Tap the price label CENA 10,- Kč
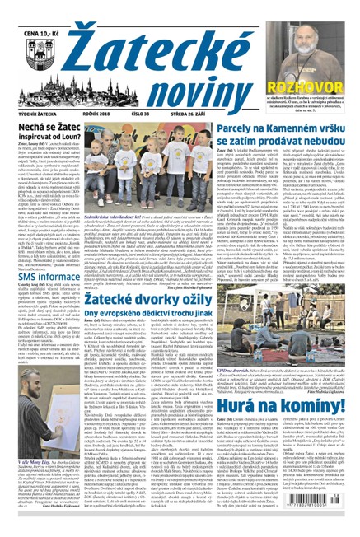point(37,9)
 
